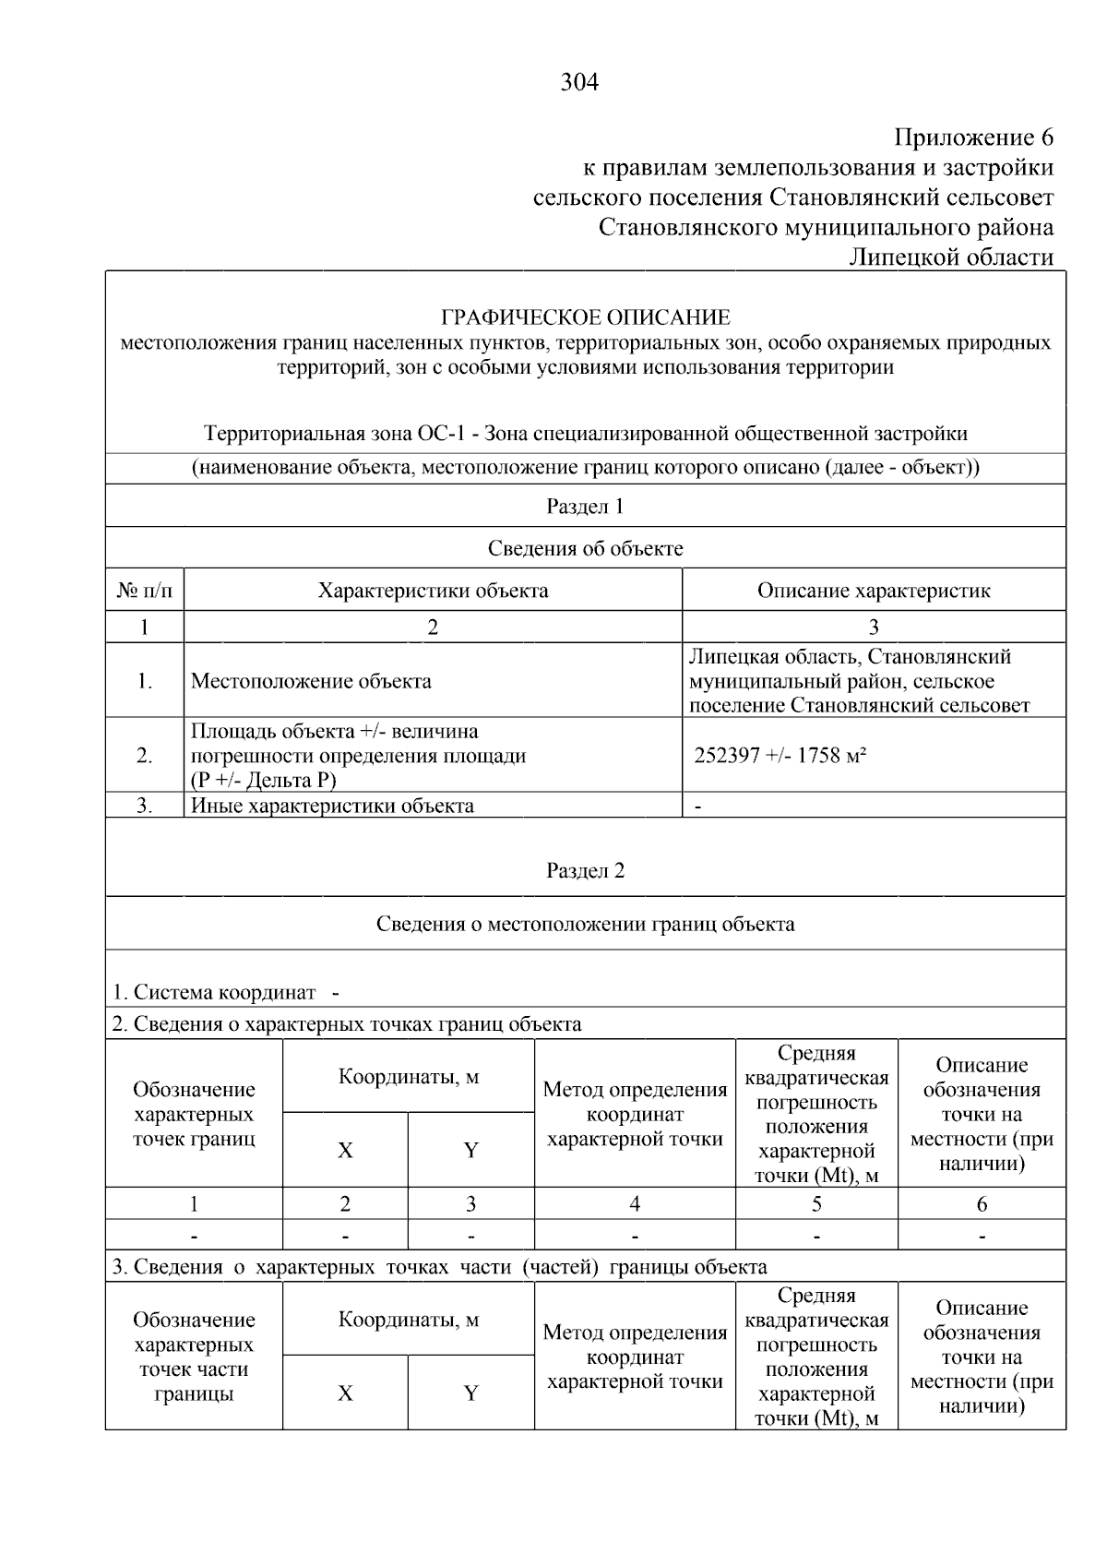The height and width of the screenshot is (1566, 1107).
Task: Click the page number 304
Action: pyautogui.click(x=579, y=83)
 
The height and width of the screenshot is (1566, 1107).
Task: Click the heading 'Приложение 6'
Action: pyautogui.click(x=973, y=137)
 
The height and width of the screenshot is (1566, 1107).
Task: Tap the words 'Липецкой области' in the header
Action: pyautogui.click(x=950, y=257)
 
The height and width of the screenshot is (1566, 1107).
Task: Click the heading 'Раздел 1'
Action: pyautogui.click(x=585, y=506)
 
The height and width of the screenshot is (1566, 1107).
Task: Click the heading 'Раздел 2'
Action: pyautogui.click(x=585, y=870)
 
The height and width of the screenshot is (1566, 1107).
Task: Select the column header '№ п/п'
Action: pyautogui.click(x=144, y=591)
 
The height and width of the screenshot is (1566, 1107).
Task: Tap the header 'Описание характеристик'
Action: pyautogui.click(x=873, y=591)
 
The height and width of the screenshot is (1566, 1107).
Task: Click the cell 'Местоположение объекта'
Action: pyautogui.click(x=311, y=681)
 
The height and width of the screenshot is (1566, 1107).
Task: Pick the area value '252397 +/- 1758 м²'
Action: pyautogui.click(x=780, y=755)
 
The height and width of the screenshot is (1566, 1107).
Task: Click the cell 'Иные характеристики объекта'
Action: pyautogui.click(x=332, y=805)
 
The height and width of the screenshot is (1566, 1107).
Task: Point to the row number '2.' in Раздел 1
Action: pyautogui.click(x=144, y=755)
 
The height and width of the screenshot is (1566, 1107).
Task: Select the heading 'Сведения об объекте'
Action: pyautogui.click(x=585, y=548)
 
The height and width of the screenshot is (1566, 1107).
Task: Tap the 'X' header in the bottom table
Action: pyautogui.click(x=345, y=1393)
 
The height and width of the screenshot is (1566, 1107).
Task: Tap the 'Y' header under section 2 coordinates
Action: pyautogui.click(x=470, y=1150)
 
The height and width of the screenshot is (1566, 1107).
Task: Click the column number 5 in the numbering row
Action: pyautogui.click(x=815, y=1203)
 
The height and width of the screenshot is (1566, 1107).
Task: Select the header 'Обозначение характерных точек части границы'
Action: pyautogui.click(x=194, y=1357)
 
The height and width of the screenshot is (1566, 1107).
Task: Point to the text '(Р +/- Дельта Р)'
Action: pyautogui.click(x=263, y=780)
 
